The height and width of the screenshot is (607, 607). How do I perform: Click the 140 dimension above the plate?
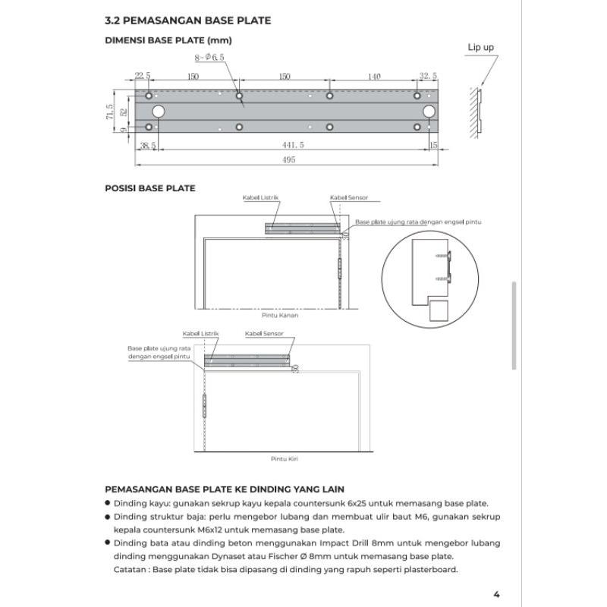[x=373, y=76]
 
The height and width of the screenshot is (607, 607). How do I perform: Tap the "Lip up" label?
[x=480, y=47]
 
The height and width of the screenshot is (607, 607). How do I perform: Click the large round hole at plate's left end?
[x=158, y=112]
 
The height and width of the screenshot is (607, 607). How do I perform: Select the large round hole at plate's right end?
[x=429, y=112]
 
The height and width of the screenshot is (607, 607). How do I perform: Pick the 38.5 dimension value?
[x=146, y=144]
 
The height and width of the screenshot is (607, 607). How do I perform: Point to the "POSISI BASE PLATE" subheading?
[x=149, y=188]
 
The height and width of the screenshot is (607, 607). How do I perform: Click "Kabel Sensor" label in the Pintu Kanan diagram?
[x=349, y=197]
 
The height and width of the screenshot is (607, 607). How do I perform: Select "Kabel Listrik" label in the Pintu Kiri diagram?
[x=197, y=334]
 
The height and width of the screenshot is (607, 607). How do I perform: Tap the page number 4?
[x=495, y=594]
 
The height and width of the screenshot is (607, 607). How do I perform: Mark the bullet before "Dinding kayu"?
[x=108, y=502]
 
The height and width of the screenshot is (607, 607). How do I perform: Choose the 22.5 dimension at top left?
[x=142, y=76]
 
